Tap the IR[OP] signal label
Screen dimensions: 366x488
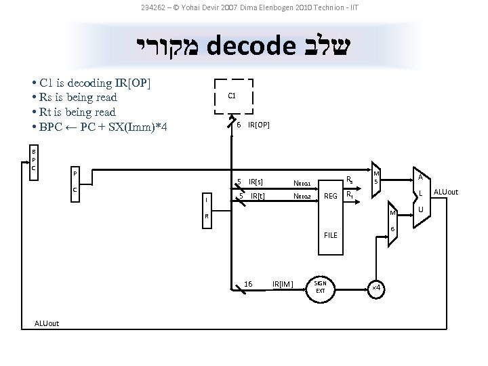pos(259,125)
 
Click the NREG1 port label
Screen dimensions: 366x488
pos(302,182)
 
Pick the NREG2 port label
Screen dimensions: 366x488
pos(302,197)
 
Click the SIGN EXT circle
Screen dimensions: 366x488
pos(321,287)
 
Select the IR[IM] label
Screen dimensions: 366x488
pos(282,283)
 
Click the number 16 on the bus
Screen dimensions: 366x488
pos(247,283)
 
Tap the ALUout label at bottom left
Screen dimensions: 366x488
pos(46,323)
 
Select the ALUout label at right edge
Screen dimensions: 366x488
pos(445,192)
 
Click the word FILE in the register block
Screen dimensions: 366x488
pos(330,235)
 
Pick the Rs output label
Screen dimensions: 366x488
pos(349,180)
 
